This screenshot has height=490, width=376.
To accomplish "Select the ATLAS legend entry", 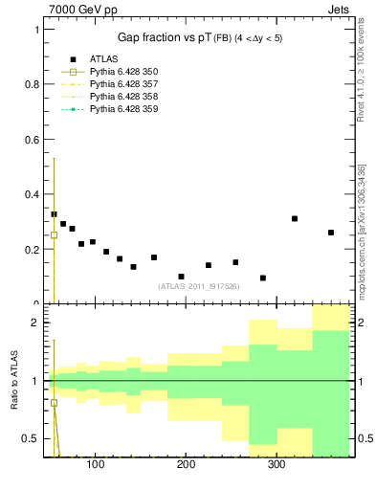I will coord(104,59).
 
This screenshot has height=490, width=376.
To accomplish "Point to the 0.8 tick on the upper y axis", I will coord(32,84).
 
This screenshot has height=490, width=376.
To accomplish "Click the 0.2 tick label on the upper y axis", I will coord(32,250).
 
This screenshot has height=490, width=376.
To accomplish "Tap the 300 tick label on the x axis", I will coord(276,464).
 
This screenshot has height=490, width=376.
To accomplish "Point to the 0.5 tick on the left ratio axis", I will coord(32,438).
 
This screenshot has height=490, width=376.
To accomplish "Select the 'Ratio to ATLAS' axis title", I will coord(13,380).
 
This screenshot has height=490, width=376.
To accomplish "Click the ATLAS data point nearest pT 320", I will coord(295,218).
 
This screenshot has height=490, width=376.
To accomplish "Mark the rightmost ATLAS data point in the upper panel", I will coord(331,233).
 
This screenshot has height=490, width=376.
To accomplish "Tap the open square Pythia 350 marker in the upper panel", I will coord(54,234).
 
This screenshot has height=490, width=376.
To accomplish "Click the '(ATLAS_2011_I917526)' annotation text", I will coord(198,286).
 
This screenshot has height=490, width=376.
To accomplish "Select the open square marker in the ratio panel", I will coord(54,403).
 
